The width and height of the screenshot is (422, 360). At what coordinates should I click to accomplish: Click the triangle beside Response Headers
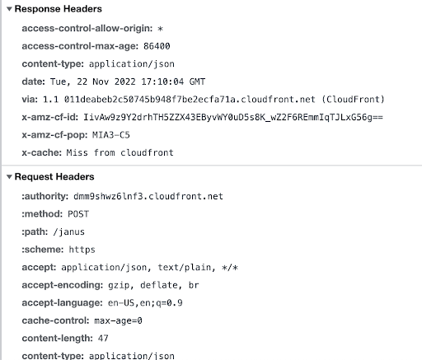coord(9,9)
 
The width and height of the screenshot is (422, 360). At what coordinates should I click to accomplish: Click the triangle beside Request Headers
coord(9,177)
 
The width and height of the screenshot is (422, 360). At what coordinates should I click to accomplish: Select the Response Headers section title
coord(59,9)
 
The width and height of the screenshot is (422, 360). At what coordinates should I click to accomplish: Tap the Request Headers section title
coord(54,177)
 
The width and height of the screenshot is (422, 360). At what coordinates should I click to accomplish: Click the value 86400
coord(157,46)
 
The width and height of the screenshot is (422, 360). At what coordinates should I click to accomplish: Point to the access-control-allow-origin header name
coord(87,29)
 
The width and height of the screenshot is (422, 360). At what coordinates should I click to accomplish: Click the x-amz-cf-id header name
coord(50,118)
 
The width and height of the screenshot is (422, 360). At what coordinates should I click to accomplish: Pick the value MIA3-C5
coord(111,135)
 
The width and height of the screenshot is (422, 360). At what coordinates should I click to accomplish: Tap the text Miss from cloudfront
coord(120,152)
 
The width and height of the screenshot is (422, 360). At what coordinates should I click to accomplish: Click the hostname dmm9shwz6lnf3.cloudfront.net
coord(148,196)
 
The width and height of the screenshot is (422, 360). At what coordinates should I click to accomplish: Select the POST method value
coord(78,214)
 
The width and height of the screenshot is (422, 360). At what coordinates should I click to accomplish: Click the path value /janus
coord(68,232)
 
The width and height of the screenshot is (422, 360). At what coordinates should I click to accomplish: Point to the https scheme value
coord(82,250)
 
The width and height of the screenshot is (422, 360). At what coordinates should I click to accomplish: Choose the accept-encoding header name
coord(63,285)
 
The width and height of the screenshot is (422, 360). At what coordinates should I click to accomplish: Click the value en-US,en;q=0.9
coord(145,303)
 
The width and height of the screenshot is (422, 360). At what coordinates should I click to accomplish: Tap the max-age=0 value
coord(118,320)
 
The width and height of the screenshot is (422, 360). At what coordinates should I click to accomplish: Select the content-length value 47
coord(103,339)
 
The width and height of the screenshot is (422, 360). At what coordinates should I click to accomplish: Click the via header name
coord(30,100)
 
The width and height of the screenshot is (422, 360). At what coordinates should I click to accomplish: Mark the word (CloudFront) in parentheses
coord(353,100)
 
